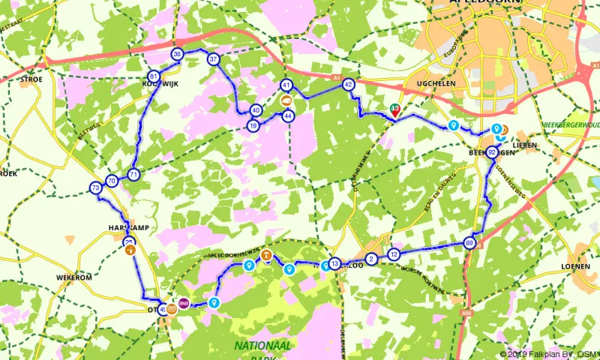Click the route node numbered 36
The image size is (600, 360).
point(178,55)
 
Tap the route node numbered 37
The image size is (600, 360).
point(214,59)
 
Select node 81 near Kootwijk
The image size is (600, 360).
point(154,76)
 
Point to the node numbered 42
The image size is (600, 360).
point(348,85)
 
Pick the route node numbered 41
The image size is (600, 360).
point(286,85)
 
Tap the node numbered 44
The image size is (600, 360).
point(289,115)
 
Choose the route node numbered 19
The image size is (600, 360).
point(253,125)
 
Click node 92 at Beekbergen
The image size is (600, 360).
point(492,152)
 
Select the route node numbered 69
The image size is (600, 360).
point(469,243)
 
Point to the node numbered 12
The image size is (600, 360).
point(394,254)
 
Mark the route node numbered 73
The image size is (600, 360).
point(95,187)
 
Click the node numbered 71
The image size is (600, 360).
point(133,175)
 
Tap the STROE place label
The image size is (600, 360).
point(31,77)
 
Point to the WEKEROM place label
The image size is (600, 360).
point(73,277)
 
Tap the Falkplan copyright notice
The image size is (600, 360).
point(548,354)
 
